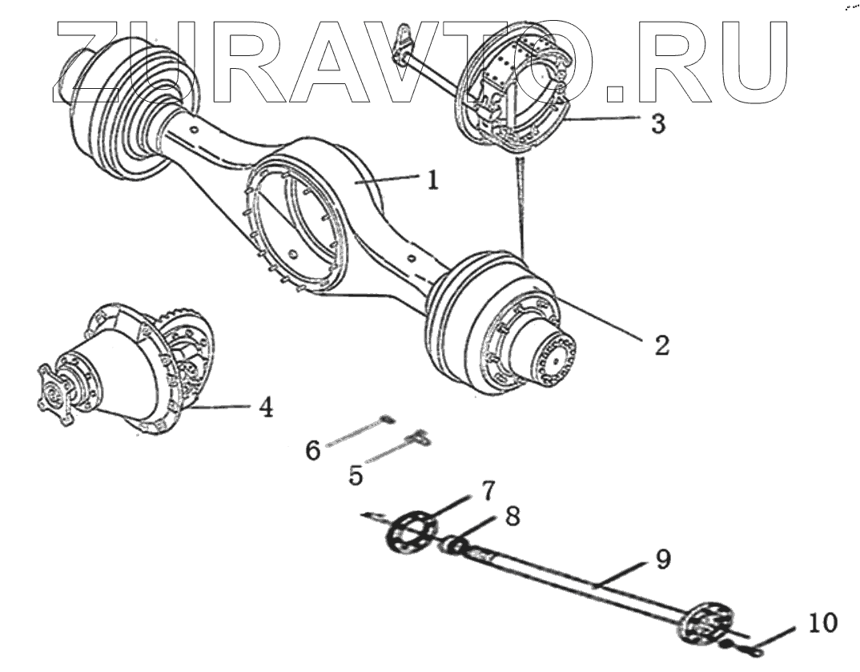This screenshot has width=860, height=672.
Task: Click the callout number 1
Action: tap(432, 179)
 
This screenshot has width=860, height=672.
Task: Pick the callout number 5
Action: tap(356, 474)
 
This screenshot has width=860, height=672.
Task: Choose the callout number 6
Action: tap(312, 450)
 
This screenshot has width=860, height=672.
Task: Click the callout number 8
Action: tap(512, 517)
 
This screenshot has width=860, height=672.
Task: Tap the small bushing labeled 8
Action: tap(453, 546)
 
